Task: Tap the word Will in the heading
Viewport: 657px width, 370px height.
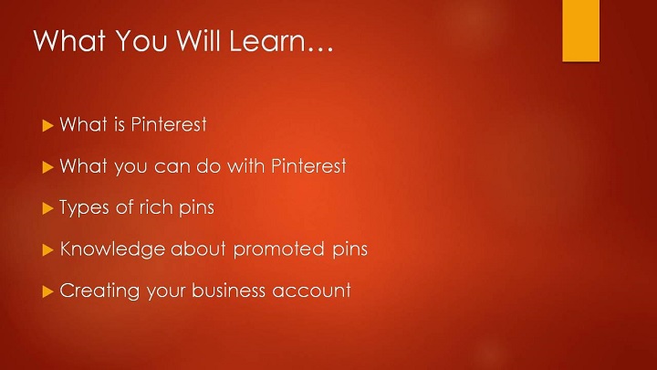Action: click(x=198, y=40)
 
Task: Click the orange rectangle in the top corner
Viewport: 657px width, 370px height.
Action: click(x=580, y=31)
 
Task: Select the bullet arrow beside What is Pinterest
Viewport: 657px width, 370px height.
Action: click(x=47, y=125)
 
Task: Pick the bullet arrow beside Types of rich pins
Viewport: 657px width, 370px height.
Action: click(x=47, y=208)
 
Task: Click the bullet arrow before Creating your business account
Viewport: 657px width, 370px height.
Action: click(x=47, y=291)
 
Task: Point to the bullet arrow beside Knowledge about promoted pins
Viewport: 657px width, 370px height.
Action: click(x=47, y=250)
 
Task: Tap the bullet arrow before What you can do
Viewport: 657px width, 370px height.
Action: click(x=47, y=167)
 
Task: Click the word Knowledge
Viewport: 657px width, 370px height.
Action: click(x=112, y=249)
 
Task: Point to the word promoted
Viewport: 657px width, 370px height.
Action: click(x=278, y=249)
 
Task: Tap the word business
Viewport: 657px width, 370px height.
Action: click(x=229, y=291)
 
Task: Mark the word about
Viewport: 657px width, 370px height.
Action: click(x=198, y=248)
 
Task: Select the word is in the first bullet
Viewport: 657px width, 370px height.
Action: click(x=120, y=124)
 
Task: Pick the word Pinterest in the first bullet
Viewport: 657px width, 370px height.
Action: click(x=169, y=124)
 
